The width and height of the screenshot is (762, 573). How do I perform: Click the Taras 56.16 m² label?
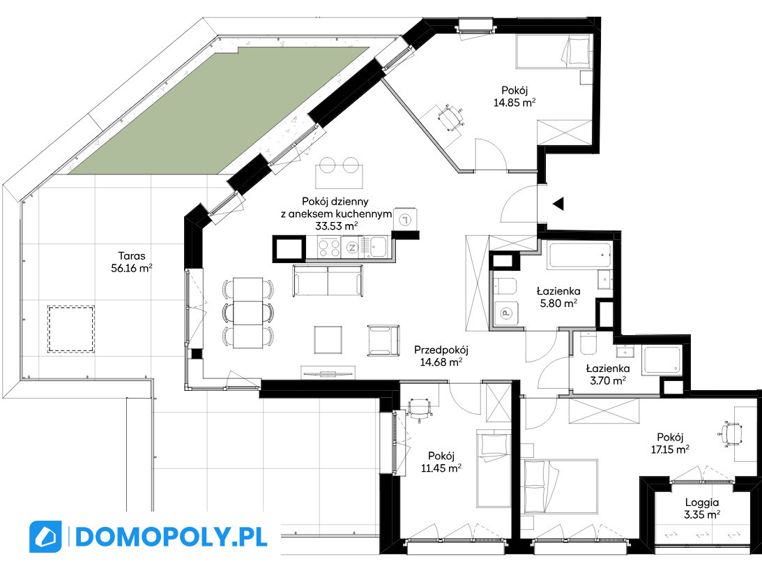[x=132, y=262]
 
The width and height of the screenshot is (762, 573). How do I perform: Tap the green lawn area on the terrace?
[x=219, y=110]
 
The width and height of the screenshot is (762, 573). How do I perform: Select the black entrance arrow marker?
[x=558, y=204]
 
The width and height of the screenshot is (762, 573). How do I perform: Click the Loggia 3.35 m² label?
[x=702, y=508]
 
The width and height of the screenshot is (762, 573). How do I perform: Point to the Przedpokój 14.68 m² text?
[x=441, y=355]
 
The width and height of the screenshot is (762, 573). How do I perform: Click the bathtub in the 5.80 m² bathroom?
[x=579, y=255]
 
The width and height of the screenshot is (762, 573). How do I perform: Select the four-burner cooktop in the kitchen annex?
[x=329, y=247]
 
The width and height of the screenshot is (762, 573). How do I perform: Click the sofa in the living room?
[x=328, y=281]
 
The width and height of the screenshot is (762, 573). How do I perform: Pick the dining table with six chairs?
[x=248, y=312]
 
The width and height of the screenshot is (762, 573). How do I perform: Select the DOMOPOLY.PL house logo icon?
[x=46, y=537]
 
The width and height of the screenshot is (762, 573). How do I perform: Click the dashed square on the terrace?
[x=71, y=329]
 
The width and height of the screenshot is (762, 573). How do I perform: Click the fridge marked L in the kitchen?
[x=405, y=220]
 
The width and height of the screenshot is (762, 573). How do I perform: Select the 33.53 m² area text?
[x=337, y=225]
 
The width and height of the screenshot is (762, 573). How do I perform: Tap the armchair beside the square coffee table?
[x=383, y=341]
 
